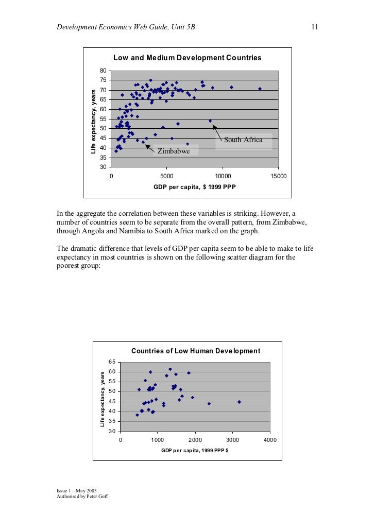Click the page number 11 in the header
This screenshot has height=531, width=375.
coord(314,27)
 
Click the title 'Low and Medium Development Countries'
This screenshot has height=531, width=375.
coord(187,58)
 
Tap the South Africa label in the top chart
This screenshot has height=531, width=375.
coord(243,140)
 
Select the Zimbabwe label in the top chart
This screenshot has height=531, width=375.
coord(174,151)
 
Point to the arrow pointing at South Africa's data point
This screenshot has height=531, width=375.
coord(218,133)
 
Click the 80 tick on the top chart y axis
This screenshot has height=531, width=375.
coord(104,71)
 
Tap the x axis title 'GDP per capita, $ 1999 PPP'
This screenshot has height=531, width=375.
coord(194,187)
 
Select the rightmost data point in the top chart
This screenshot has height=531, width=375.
coord(260,89)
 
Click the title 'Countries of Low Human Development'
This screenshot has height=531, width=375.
coord(196,351)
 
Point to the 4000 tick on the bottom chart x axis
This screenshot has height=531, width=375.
coord(270,440)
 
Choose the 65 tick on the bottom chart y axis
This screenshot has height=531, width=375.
coord(112,362)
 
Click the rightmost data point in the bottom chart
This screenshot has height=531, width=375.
coord(239,402)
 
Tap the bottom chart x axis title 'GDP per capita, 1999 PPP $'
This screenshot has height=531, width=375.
coord(195,450)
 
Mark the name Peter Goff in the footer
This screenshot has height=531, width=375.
coord(95,496)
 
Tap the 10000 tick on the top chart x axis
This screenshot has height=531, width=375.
coord(222,176)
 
